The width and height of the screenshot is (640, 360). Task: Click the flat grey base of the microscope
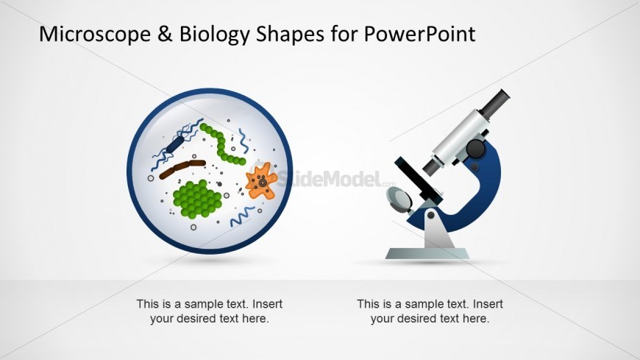427,253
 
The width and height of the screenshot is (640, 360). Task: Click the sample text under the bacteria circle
210,311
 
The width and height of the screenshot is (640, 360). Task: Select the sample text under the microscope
430,311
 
